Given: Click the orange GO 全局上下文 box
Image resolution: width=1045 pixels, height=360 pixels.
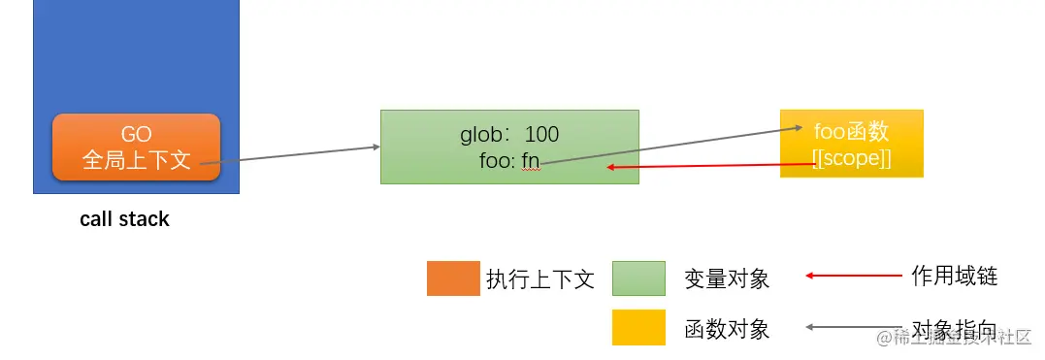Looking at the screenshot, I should point(136,147).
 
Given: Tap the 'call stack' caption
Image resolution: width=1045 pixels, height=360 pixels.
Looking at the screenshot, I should point(124,219).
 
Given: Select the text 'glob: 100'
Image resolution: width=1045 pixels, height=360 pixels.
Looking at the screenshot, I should point(509,135).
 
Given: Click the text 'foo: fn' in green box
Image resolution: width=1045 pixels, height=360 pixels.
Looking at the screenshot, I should point(509,160).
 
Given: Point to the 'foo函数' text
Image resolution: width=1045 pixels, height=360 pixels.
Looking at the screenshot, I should point(851,133).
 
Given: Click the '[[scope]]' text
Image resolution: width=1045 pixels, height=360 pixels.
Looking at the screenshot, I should point(851,157).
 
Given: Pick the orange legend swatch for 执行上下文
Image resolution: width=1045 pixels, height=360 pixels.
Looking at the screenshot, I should point(453,278).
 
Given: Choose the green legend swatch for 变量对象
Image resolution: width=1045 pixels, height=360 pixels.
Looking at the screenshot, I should point(638,278).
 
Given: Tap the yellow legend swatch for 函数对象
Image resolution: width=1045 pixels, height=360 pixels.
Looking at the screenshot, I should point(638,328).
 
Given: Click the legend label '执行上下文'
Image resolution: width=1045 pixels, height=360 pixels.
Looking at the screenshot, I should point(539,279).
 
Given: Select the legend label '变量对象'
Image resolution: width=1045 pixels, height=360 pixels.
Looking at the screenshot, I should point(727,279).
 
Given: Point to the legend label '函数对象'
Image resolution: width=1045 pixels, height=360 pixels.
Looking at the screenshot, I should point(727,329).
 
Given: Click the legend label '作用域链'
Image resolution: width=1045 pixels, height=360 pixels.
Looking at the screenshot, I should point(954,277).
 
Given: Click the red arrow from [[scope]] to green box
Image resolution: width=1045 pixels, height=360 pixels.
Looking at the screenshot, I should point(708,166).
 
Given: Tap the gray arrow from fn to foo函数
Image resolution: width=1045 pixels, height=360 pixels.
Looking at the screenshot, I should point(669,146).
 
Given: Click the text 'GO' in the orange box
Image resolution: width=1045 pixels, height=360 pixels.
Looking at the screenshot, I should point(136,135).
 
